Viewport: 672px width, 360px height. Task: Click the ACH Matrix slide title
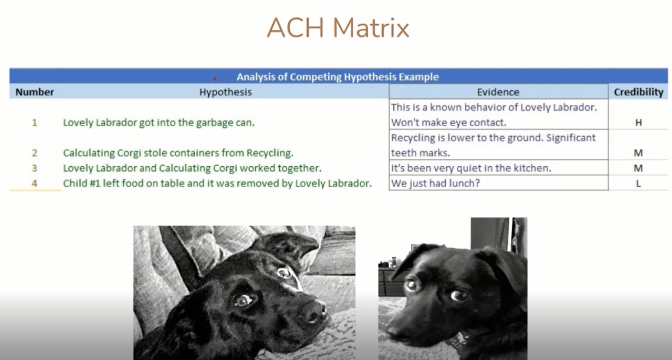click(338, 28)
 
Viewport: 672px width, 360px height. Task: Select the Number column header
click(35, 92)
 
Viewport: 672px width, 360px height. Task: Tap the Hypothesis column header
click(225, 92)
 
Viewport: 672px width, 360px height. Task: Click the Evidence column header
click(498, 92)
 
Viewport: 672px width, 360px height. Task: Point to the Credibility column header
click(638, 92)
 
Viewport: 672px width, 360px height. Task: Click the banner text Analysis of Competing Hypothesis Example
click(337, 77)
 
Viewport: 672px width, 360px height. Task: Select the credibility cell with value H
click(638, 122)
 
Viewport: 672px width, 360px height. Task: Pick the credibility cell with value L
click(638, 183)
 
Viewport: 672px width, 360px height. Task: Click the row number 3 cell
click(35, 168)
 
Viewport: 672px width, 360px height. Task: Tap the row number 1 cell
click(35, 122)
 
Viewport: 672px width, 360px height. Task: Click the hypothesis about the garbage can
click(159, 122)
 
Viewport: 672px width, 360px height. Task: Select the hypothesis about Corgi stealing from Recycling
click(178, 153)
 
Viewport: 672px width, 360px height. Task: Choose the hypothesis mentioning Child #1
click(217, 183)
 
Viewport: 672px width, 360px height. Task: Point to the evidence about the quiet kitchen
click(471, 168)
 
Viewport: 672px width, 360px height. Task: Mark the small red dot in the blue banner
click(214, 79)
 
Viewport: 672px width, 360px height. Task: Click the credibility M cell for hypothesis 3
click(638, 168)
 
